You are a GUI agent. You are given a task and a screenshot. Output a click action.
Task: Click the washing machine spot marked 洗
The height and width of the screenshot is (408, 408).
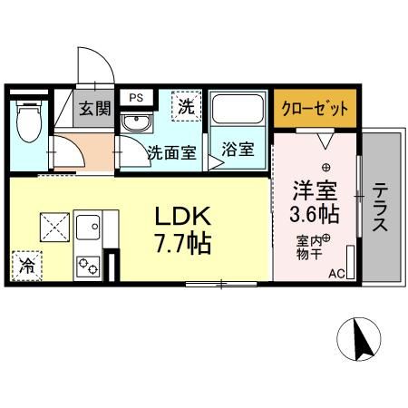point(185,106)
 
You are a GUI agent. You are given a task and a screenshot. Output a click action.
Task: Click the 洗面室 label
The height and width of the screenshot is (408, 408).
point(171,152)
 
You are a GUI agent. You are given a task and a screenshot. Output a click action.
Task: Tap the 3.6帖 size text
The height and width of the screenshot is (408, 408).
point(314,215)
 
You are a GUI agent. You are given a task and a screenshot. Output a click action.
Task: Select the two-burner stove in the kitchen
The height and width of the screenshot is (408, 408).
point(89,267)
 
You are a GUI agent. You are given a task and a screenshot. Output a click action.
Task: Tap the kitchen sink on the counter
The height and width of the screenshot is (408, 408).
point(89,226)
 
